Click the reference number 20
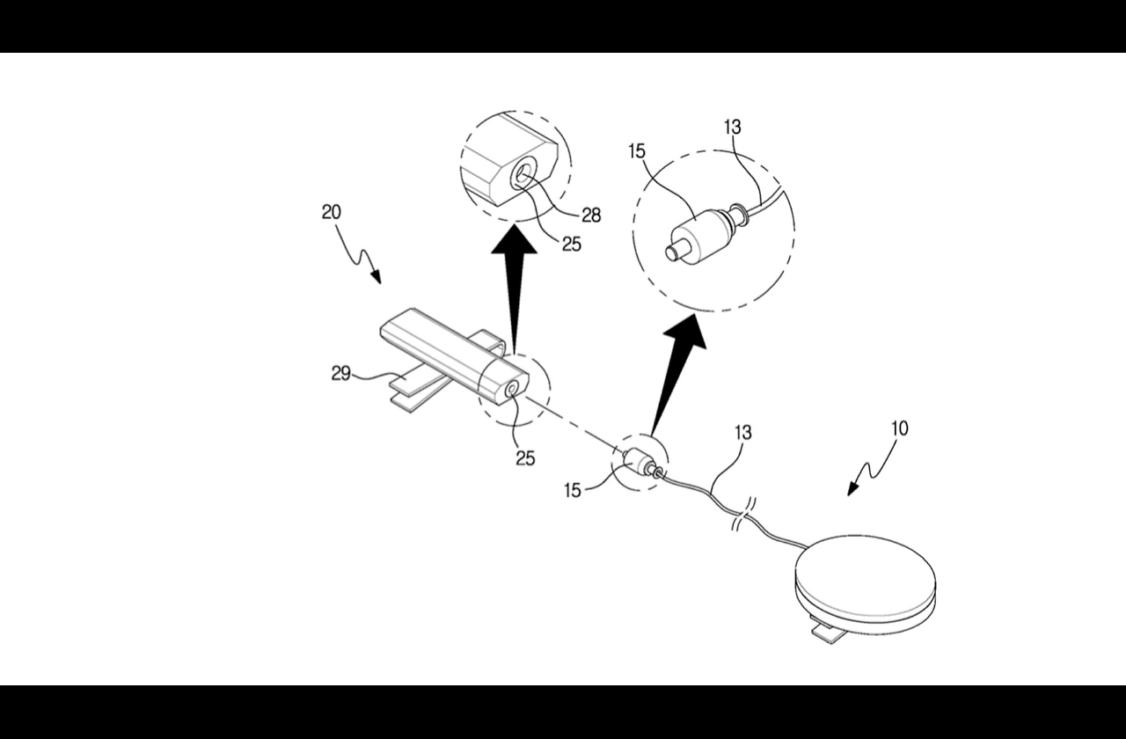click(332, 213)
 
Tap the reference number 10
click(900, 428)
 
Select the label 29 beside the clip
click(340, 374)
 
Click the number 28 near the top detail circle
click(591, 216)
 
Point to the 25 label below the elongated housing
click(525, 458)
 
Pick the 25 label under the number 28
click(572, 245)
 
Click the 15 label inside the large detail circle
click(637, 151)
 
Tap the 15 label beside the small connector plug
click(573, 490)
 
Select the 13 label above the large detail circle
click(733, 128)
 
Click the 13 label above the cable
click(743, 432)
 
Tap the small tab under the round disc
click(830, 633)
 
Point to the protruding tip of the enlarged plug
click(675, 252)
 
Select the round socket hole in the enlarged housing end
click(523, 177)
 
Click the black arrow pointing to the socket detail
click(515, 288)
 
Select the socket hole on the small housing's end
click(513, 390)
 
